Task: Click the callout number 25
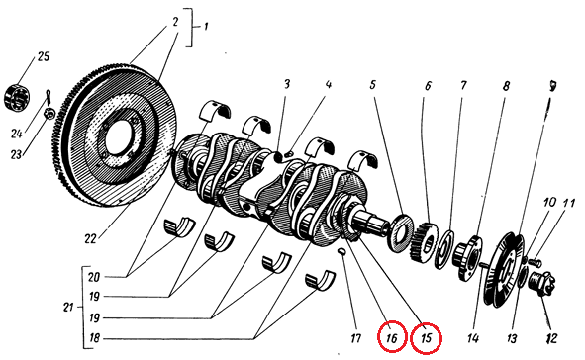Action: click(x=43, y=56)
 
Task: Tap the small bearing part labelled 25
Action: click(x=15, y=98)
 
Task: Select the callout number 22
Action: click(x=90, y=238)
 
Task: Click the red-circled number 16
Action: click(x=391, y=338)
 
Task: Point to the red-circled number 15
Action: click(x=426, y=338)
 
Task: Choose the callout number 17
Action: click(x=355, y=338)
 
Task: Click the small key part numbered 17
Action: click(x=341, y=252)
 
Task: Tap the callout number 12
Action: click(x=551, y=338)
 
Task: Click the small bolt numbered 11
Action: click(x=536, y=262)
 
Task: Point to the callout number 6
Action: click(x=428, y=86)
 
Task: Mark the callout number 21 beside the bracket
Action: click(x=68, y=308)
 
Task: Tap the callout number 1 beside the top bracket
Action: click(x=205, y=27)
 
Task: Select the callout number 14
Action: click(x=473, y=338)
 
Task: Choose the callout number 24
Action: click(x=16, y=133)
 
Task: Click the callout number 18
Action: click(x=94, y=338)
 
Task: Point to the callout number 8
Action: click(x=506, y=86)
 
